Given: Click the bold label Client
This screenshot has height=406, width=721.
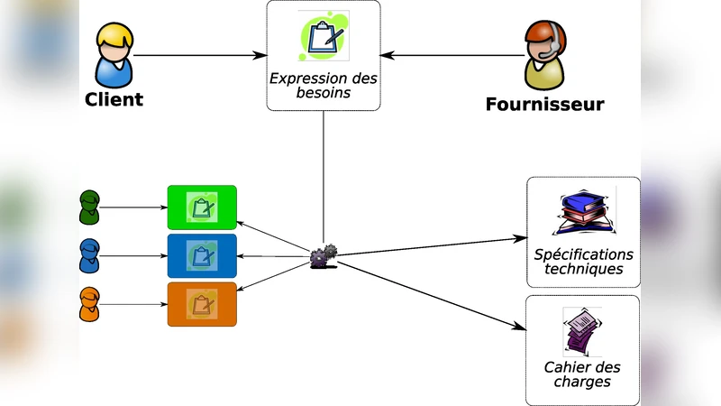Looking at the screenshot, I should [114, 99].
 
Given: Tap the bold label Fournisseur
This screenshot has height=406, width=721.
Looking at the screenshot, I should [544, 105].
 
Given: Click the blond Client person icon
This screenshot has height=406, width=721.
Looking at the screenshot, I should [114, 55].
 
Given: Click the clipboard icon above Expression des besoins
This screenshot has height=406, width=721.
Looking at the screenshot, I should [324, 36].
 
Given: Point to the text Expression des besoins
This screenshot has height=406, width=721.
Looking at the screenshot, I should [324, 85].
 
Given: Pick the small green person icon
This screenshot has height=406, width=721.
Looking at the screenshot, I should [89, 208].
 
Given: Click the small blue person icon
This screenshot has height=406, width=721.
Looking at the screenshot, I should [89, 256].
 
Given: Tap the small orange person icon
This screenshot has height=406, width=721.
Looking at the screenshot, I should [89, 304].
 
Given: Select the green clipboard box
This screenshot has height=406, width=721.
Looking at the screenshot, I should [202, 208].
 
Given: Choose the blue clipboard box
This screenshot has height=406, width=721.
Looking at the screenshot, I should [202, 256].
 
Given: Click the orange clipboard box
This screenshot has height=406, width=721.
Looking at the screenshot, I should [202, 304].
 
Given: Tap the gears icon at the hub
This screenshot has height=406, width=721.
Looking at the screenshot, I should [323, 256].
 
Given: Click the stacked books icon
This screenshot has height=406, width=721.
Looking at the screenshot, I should [583, 213].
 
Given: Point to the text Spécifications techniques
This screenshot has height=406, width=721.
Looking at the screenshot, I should [583, 262].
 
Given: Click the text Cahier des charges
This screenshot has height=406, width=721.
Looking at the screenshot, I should [582, 374].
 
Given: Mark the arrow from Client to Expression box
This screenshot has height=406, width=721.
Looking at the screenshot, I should [198, 56].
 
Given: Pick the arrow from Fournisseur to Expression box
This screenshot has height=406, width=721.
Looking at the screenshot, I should [451, 56].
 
